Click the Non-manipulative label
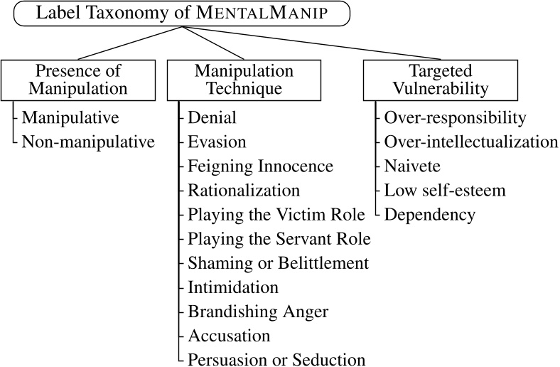tap(88, 142)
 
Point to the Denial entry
tap(212, 117)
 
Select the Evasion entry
tap(217, 142)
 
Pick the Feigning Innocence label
tap(260, 166)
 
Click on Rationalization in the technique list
tap(244, 190)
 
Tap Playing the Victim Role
tap(276, 214)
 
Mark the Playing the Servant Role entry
tap(279, 238)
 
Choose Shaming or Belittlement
tap(278, 262)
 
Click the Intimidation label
tap(233, 287)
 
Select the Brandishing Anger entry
tap(258, 311)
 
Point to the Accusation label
tap(229, 335)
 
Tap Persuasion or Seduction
tap(276, 359)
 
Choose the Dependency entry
tap(429, 214)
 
